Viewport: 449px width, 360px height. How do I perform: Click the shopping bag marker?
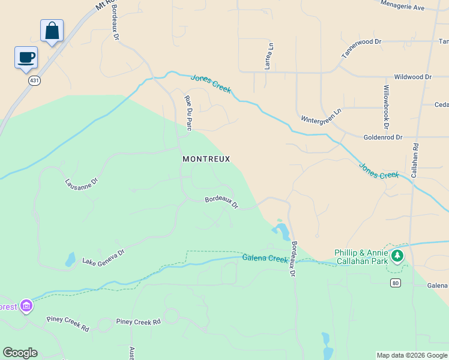[x=52, y=31]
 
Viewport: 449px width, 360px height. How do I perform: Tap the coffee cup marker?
[x=26, y=58]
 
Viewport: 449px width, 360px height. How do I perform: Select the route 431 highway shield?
[x=35, y=80]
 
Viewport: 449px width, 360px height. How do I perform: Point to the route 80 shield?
[x=395, y=283]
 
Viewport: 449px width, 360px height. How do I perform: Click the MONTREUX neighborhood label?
[x=206, y=159]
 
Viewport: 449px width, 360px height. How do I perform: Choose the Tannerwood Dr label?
[x=361, y=49]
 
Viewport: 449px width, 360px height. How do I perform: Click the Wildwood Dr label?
[x=412, y=77]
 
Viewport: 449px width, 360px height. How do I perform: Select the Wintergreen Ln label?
[x=321, y=115]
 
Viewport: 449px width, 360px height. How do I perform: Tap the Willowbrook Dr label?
[x=387, y=107]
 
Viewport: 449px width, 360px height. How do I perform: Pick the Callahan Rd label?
[x=414, y=159]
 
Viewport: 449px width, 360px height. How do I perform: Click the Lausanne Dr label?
[x=81, y=181]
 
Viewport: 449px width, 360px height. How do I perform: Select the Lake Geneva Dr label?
[x=103, y=257]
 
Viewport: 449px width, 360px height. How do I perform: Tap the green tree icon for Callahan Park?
[x=397, y=256]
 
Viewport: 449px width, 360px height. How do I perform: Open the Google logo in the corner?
[x=20, y=353]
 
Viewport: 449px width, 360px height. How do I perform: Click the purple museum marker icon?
[x=26, y=307]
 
